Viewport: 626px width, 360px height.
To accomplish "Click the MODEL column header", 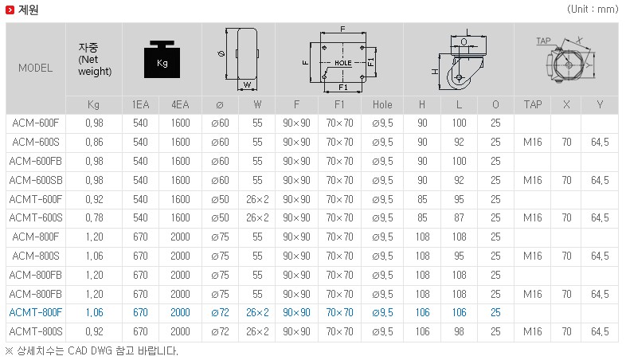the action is tap(36, 68).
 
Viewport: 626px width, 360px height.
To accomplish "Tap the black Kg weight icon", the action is tap(162, 59).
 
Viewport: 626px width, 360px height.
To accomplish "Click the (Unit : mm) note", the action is tap(593, 9).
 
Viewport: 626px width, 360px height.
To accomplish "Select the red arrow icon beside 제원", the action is tap(10, 10).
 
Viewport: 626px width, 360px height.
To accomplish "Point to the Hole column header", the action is tap(382, 104).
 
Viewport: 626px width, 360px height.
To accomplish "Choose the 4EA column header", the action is tap(180, 104).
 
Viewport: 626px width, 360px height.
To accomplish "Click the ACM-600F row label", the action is tap(36, 123).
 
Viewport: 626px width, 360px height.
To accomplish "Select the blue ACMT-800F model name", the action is tap(36, 312).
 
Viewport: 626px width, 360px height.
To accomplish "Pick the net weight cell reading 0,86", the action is tap(94, 142).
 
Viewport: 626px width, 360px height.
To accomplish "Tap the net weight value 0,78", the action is tap(94, 218).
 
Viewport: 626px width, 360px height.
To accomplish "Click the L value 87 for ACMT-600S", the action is tap(459, 218).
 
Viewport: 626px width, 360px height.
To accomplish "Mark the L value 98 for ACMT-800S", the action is tap(459, 331).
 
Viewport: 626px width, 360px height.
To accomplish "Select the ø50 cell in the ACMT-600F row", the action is tap(220, 199).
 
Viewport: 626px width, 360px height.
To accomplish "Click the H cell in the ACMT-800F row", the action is tap(422, 312).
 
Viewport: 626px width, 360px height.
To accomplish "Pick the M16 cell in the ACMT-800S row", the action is tap(533, 331).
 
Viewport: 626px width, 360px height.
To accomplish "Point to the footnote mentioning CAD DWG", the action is tap(92, 351).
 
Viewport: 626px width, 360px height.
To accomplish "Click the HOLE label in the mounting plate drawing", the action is tap(343, 63).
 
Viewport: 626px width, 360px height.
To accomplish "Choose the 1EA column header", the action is tap(140, 104).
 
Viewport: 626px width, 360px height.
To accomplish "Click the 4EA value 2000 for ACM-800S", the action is tap(180, 256).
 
